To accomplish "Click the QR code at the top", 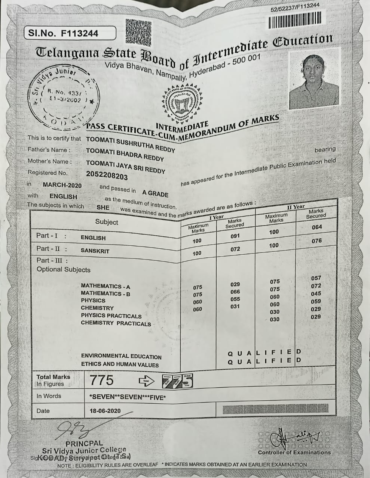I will click(x=138, y=33).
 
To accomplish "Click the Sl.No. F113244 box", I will click(x=70, y=33).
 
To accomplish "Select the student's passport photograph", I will click(x=314, y=81).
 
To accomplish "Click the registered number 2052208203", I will click(x=107, y=176).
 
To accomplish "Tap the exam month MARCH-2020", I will click(x=62, y=185).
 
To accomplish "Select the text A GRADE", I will click(x=155, y=193).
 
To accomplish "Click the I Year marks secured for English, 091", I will click(x=235, y=236).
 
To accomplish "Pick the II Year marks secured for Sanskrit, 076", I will click(x=317, y=241).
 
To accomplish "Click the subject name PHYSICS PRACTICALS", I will click(x=111, y=316).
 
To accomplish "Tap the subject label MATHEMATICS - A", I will click(x=106, y=286).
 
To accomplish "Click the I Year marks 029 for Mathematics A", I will click(x=235, y=285).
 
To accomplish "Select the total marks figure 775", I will click(x=101, y=380).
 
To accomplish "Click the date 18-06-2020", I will click(x=105, y=411).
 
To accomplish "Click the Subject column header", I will click(x=106, y=222).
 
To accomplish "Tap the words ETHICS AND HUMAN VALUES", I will click(x=120, y=364).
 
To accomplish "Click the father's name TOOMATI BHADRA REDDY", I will click(x=125, y=155).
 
